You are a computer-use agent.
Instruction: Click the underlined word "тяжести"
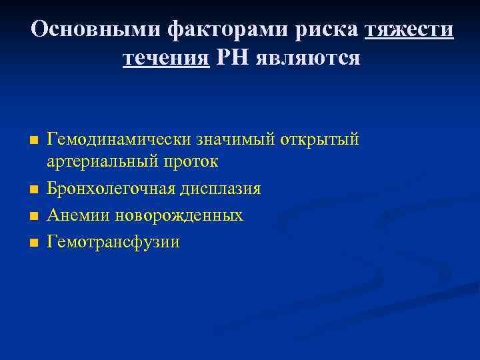coord(410,29)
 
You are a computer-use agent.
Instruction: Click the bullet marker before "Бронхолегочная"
coord(33,190)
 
